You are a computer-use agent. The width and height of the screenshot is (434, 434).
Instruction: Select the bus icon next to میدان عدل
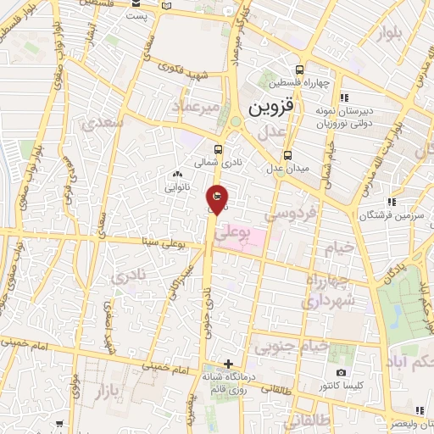[287, 155]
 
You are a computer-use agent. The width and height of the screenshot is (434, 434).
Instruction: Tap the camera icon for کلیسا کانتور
[341, 373]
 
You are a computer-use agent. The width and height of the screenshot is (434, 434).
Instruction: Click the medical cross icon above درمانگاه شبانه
[226, 363]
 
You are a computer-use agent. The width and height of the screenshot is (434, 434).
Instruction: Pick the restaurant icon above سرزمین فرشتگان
[392, 202]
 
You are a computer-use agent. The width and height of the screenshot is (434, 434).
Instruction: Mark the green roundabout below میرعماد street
[236, 121]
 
